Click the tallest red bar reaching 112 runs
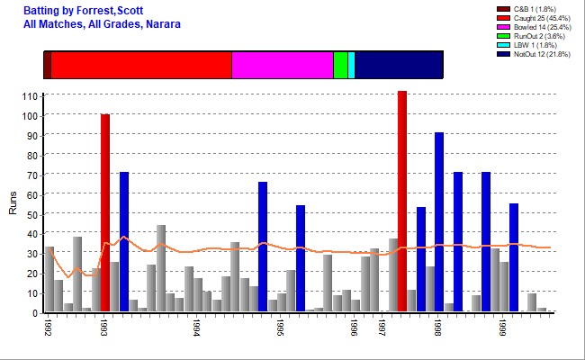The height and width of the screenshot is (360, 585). (402, 202)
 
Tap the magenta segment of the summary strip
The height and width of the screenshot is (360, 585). (283, 65)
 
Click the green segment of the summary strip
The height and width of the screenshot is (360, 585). (340, 65)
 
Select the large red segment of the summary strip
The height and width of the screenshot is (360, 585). (141, 65)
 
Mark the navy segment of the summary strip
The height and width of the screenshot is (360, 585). (399, 65)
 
